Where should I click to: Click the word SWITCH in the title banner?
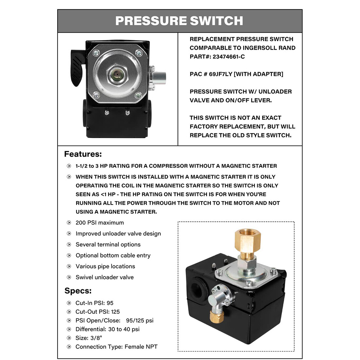tap(216, 21)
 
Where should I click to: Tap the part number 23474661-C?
tap(229, 57)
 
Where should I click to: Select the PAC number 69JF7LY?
tap(221, 74)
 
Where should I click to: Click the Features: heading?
tap(83, 154)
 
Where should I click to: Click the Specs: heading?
tap(78, 291)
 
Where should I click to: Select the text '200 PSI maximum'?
tap(99, 223)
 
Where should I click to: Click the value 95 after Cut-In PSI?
tap(110, 303)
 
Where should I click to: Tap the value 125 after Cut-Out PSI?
tap(116, 312)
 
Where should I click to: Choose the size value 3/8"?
tap(98, 338)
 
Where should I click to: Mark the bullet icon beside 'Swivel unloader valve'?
tap(69, 277)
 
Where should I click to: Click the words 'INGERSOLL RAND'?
tap(269, 48)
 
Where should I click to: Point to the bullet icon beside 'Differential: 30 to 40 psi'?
tap(69, 329)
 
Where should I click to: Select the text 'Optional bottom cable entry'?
tap(113, 256)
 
